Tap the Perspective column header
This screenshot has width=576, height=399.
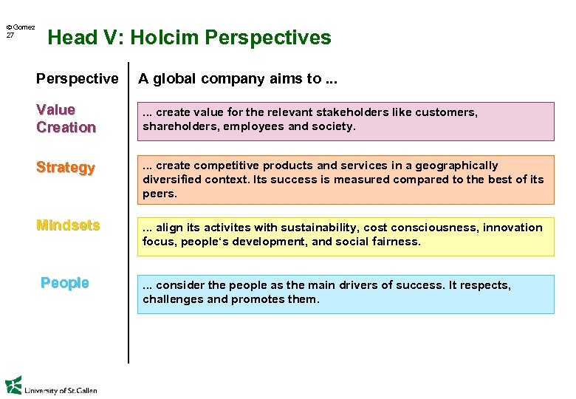pyautogui.click(x=78, y=78)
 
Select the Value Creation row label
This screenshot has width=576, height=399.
pyautogui.click(x=66, y=118)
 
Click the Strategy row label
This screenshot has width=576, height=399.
pyautogui.click(x=66, y=168)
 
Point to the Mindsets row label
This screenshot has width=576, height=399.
pyautogui.click(x=68, y=225)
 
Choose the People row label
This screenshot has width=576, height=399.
pyautogui.click(x=65, y=283)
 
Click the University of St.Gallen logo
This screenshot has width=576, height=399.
pyautogui.click(x=51, y=386)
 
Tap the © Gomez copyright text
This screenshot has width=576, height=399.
pyautogui.click(x=21, y=27)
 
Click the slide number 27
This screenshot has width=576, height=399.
pyautogui.click(x=10, y=35)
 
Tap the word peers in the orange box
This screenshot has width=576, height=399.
pyautogui.click(x=159, y=194)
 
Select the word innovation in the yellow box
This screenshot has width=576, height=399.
pyautogui.click(x=512, y=228)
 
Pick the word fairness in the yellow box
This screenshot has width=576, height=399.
pyautogui.click(x=394, y=242)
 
